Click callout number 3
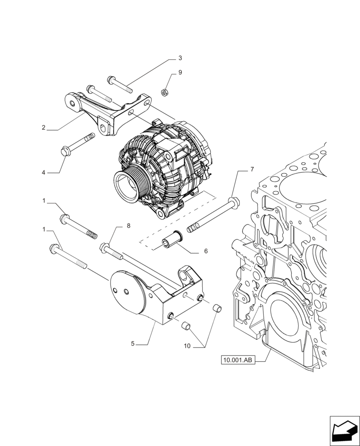click(180, 58)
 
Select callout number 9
click(180, 72)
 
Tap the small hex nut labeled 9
click(164, 93)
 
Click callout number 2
click(44, 128)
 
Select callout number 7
click(252, 169)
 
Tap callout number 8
click(128, 226)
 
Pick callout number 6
click(206, 251)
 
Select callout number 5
click(133, 343)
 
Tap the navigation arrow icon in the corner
click(344, 430)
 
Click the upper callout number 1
click(44, 202)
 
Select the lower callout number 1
click(44, 230)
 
